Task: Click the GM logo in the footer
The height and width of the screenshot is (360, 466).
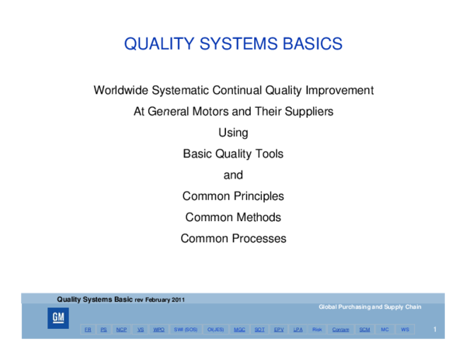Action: tap(58, 318)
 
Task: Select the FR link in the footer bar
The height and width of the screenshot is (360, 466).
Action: tap(88, 330)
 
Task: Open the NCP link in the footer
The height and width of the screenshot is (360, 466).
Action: tap(121, 330)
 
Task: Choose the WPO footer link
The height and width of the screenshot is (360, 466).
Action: tap(159, 330)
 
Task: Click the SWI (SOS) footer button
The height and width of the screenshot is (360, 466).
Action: tap(186, 330)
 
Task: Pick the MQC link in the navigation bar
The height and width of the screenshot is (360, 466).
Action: tap(239, 330)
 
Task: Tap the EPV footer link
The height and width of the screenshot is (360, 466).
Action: tap(279, 330)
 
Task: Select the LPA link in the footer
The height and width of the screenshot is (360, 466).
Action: tap(297, 330)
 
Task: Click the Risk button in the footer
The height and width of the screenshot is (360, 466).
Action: tap(317, 330)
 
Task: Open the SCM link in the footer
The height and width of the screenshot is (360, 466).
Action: tap(363, 330)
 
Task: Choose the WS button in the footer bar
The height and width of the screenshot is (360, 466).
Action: tap(405, 330)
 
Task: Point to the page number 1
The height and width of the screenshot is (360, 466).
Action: tap(435, 331)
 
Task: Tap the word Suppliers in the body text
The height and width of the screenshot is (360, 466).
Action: tap(307, 112)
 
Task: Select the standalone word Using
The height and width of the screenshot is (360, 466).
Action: tap(233, 133)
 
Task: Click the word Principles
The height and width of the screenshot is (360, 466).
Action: tap(258, 196)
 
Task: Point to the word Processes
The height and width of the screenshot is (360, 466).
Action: tap(259, 238)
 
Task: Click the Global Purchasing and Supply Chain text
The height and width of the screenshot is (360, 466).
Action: tap(370, 307)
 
